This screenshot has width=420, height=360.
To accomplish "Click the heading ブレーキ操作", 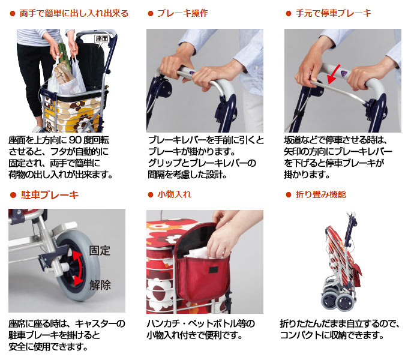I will (182, 13).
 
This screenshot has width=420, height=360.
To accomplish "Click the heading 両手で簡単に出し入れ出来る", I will (74, 13).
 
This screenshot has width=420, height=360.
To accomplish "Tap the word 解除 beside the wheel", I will (100, 285).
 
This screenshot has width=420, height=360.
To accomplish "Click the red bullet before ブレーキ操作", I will (151, 13).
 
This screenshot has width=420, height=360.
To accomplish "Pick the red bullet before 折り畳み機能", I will (289, 195).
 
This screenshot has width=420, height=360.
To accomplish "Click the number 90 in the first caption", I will (77, 140).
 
